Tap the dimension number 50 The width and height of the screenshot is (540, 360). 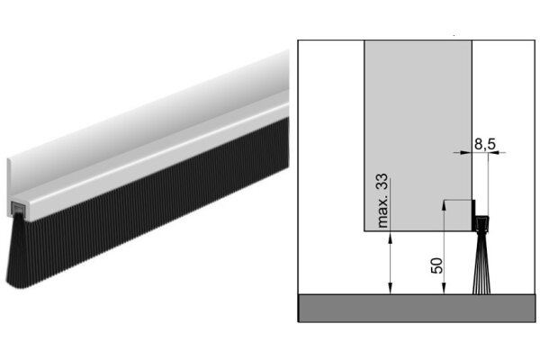pyautogui.click(x=436, y=265)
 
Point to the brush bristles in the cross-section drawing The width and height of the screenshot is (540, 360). pyautogui.click(x=481, y=266)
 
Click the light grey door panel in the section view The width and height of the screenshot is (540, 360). pyautogui.click(x=418, y=126)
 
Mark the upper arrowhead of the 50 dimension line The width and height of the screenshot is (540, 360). pyautogui.click(x=444, y=206)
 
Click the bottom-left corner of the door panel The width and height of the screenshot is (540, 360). pyautogui.click(x=364, y=232)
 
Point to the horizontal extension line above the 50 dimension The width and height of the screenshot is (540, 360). pyautogui.click(x=459, y=201)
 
